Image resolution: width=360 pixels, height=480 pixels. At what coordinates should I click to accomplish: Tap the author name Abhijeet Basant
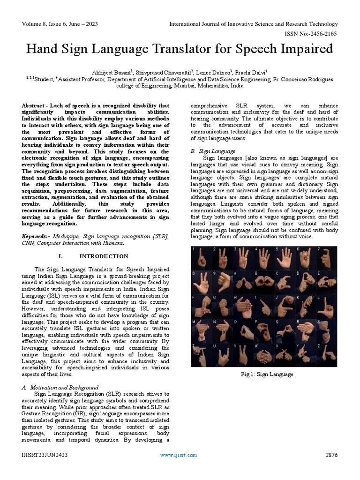(x=114, y=72)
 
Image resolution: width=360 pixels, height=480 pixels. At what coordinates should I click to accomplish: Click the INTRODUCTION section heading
(x=104, y=256)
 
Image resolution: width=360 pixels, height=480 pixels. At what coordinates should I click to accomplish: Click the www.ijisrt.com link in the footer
(x=179, y=455)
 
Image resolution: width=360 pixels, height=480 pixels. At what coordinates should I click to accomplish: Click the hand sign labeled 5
(x=285, y=258)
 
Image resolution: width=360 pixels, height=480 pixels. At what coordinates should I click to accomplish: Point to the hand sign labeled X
(x=285, y=355)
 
